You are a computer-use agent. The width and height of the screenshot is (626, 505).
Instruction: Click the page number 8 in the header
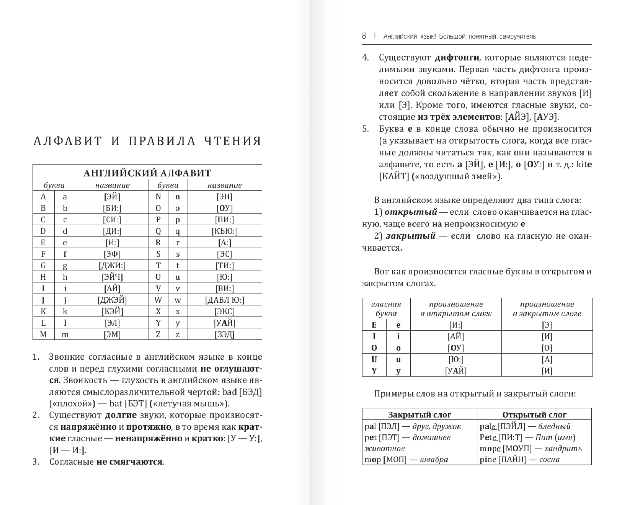coord(364,36)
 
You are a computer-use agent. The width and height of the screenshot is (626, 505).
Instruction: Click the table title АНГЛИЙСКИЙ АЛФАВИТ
coord(147,173)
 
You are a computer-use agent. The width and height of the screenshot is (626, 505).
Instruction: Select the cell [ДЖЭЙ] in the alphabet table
coord(112,300)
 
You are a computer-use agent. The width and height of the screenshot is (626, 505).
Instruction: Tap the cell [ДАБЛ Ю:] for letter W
coord(224,300)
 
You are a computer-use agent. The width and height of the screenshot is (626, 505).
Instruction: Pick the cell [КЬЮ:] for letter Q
coord(224,231)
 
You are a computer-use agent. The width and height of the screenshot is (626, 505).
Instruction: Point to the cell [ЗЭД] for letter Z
coord(224,334)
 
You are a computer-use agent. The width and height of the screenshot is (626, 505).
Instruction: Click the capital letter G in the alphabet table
coord(43,265)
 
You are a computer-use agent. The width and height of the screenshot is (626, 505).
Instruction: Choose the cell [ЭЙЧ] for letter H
coord(112,277)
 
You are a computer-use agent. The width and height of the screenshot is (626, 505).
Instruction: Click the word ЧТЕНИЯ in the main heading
coord(232,141)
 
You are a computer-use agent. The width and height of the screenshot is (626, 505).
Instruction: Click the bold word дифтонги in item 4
coord(457,57)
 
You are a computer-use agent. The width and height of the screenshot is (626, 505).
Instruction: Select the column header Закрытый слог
coord(420,414)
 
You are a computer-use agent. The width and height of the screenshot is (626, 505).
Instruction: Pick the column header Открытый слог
coord(534,414)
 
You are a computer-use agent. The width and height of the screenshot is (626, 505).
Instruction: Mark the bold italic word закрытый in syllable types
coord(410,236)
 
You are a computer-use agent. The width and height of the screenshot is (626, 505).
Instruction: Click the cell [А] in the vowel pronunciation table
coord(547,360)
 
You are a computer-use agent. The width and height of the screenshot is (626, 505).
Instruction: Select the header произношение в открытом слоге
coord(456,309)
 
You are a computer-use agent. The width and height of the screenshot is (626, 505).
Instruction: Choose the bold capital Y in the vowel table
coord(374,371)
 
